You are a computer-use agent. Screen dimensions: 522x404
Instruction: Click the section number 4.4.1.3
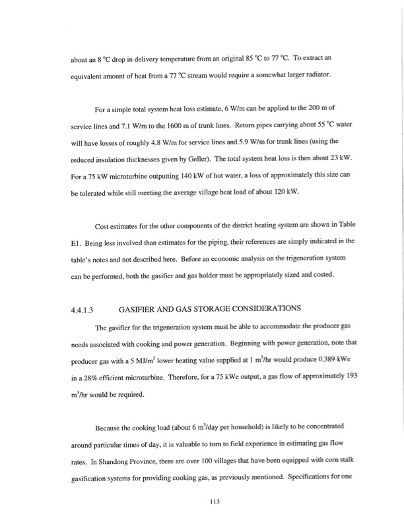pyautogui.click(x=83, y=308)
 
